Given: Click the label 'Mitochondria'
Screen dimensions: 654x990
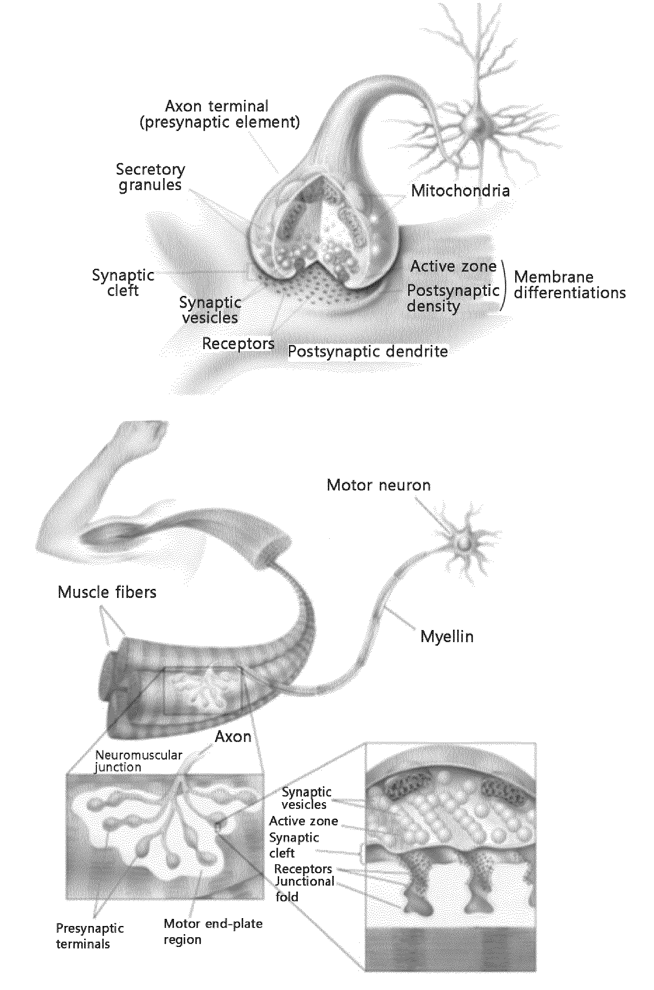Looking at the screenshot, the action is [460, 190].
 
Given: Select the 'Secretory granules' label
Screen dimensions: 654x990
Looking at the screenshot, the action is [150, 177].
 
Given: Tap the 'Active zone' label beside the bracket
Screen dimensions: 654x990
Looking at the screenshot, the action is [453, 266].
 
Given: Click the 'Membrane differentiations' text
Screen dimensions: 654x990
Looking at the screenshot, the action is [570, 284].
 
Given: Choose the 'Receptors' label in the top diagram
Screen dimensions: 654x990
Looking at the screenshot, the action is [238, 343].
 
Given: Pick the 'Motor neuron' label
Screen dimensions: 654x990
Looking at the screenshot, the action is [378, 485].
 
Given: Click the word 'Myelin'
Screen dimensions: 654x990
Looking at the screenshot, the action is [447, 637].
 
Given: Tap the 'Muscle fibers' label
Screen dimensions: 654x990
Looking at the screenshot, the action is [107, 592].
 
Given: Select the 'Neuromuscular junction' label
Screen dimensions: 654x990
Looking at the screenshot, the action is [138, 761].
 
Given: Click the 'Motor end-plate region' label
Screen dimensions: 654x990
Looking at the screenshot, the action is [213, 931].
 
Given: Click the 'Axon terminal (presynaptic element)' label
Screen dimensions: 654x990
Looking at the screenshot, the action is [219, 114].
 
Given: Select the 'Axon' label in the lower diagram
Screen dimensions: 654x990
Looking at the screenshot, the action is [233, 737].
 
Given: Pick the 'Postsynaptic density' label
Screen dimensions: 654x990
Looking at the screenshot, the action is [453, 298].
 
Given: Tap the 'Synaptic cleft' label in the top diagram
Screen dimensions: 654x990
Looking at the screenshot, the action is [123, 282].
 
